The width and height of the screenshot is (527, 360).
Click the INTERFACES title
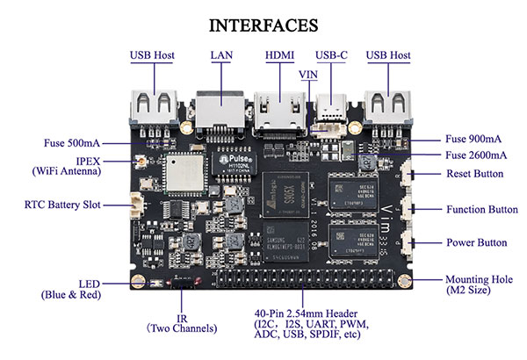tap(263, 25)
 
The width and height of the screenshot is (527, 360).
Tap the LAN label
tap(221, 55)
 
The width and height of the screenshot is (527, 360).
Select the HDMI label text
tap(279, 55)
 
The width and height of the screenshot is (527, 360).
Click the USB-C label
tap(331, 55)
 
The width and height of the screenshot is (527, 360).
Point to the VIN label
tap(308, 75)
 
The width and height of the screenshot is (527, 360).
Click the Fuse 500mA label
tap(72, 143)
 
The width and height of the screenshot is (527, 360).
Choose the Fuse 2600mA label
tap(476, 155)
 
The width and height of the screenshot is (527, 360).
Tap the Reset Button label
tap(475, 174)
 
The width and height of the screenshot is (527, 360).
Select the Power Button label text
tap(477, 242)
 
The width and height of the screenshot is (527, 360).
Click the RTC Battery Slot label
tap(62, 205)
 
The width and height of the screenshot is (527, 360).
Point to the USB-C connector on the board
tap(331, 107)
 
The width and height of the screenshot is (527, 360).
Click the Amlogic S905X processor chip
tap(285, 194)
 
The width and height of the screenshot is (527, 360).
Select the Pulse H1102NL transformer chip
tap(235, 162)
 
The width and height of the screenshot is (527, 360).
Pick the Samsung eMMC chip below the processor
tap(285, 241)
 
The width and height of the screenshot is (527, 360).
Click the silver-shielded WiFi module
tap(184, 173)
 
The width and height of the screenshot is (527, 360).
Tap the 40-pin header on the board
tap(305, 278)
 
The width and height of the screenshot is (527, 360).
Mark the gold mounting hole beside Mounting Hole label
tap(404, 281)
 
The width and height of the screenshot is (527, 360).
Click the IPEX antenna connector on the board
tap(141, 162)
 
